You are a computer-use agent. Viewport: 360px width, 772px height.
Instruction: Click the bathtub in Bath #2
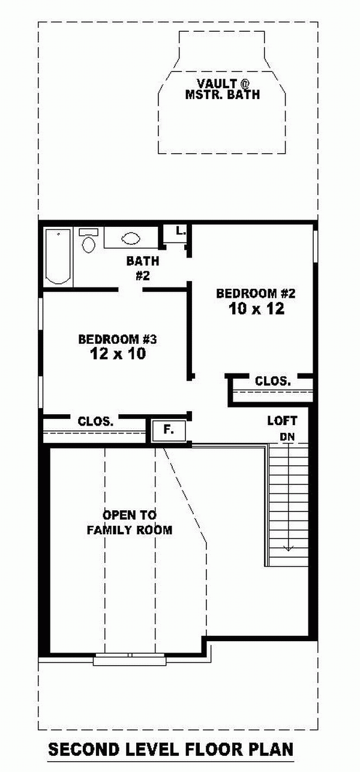[58, 256]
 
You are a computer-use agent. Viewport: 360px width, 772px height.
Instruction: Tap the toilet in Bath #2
[88, 240]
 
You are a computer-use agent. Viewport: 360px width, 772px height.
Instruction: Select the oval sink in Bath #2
[131, 238]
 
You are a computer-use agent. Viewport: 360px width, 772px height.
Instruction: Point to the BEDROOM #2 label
[256, 294]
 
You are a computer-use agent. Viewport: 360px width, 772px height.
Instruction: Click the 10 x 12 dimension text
[257, 309]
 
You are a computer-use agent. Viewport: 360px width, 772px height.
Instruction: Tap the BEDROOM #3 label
[118, 339]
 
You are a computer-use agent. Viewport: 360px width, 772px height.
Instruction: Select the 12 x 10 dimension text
[118, 354]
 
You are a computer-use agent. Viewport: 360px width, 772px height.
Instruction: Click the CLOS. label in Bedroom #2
[273, 381]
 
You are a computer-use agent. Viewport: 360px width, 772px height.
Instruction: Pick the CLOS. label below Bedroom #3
[95, 421]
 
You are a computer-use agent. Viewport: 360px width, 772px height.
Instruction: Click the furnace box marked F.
[169, 430]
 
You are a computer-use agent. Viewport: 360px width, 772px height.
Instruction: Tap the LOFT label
[282, 420]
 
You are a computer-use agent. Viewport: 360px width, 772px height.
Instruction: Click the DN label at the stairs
[287, 437]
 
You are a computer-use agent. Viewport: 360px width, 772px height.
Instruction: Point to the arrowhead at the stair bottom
[287, 548]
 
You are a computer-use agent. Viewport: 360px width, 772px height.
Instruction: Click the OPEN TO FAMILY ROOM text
[129, 522]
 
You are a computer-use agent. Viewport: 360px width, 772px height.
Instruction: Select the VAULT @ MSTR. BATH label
[223, 89]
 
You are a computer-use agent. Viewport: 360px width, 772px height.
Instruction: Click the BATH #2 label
[143, 268]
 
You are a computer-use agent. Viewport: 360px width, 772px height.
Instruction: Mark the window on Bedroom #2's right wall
[315, 247]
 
